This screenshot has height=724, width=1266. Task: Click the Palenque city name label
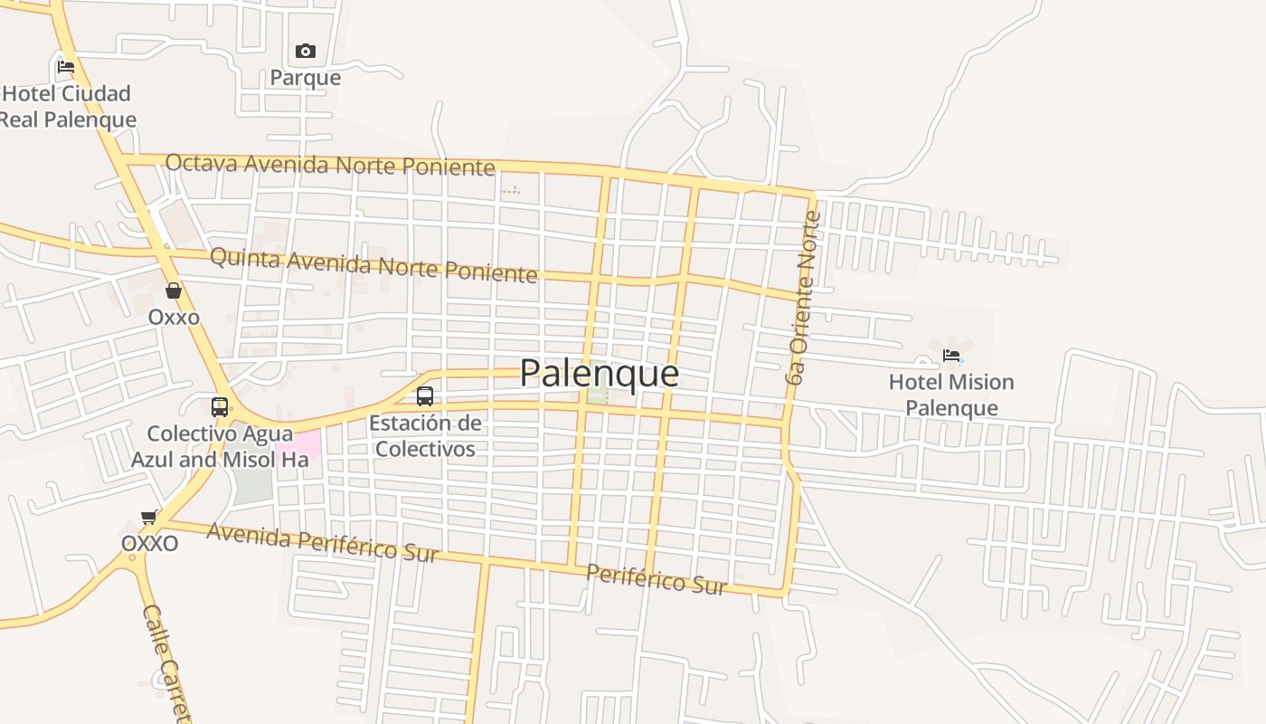coord(599,373)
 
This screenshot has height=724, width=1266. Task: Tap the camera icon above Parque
coord(306,52)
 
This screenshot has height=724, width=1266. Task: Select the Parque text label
coord(306,78)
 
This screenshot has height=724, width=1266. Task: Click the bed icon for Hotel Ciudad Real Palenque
coord(65,66)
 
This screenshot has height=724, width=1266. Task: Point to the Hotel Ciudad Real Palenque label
coord(67,106)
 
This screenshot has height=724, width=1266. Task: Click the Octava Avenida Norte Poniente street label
coord(330,165)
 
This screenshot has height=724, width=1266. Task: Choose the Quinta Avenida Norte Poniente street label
coord(373,265)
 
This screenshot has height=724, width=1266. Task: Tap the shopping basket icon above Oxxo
coord(174,291)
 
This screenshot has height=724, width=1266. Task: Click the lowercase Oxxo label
coord(174,318)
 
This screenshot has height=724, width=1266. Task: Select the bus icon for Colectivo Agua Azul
coord(220,406)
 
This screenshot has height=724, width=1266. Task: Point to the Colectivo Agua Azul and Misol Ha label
coord(220,446)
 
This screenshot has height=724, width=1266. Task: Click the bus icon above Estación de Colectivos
coord(425,395)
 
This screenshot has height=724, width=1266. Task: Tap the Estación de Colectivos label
coord(425,435)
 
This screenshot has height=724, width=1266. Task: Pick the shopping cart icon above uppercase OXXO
coord(149,517)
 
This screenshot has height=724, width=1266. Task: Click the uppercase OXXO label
coord(150,543)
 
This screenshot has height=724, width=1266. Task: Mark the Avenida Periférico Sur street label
coord(323,542)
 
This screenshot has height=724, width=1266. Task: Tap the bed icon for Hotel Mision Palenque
coord(951,356)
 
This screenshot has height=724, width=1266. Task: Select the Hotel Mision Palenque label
coord(951,395)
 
